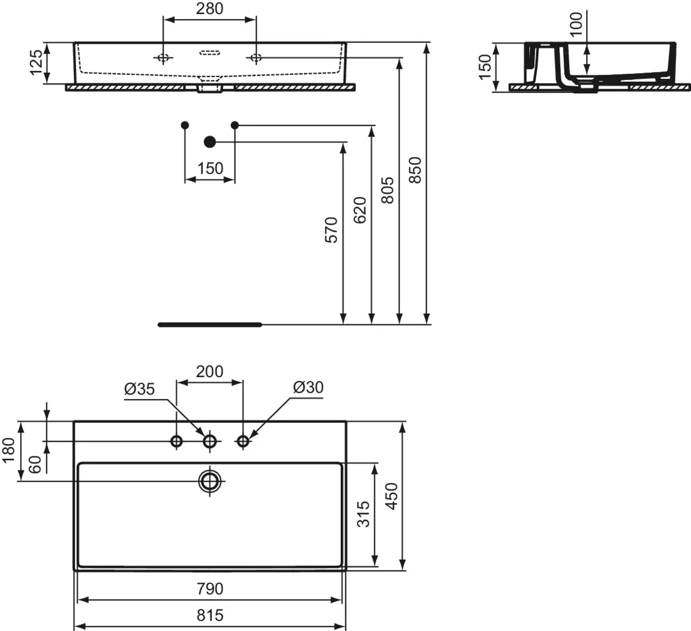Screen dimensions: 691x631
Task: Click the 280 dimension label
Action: tap(210, 9)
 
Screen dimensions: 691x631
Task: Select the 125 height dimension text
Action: tap(36, 62)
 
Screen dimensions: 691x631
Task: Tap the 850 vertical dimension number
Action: tap(415, 170)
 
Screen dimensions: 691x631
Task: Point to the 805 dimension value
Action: tap(388, 190)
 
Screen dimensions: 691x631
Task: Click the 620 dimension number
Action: tap(360, 210)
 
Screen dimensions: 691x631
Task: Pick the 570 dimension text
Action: tap(331, 230)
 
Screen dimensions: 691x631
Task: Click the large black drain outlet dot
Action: tap(210, 142)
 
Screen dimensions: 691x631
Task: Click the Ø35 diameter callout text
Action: tap(139, 389)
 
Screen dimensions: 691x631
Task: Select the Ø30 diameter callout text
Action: tap(308, 387)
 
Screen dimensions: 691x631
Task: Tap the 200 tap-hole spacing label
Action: tap(210, 372)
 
